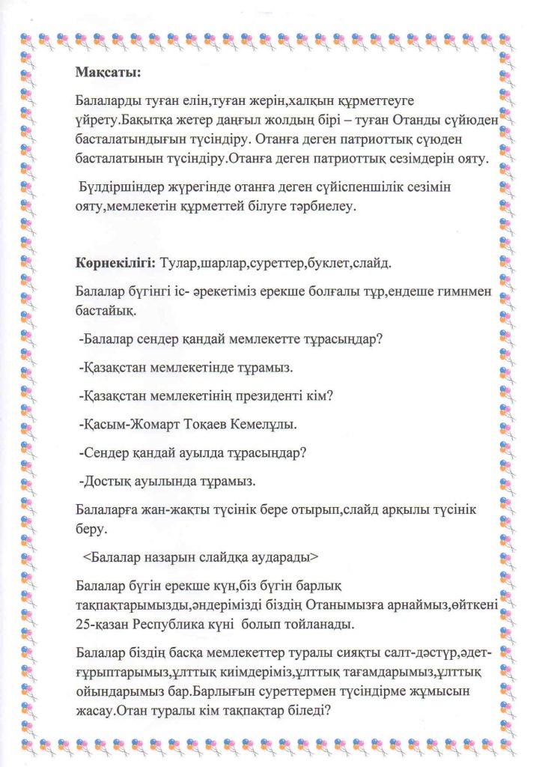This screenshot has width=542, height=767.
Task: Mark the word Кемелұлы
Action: pyautogui.click(x=264, y=425)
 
